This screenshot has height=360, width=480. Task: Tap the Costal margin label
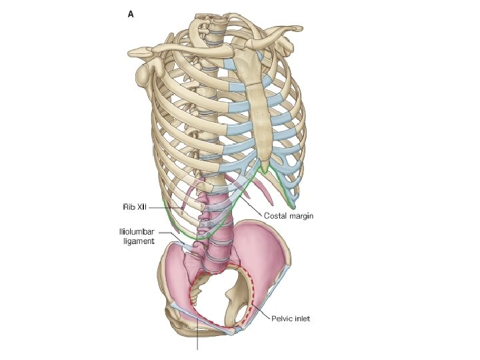(289, 216)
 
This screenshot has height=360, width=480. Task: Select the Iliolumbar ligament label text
(137, 236)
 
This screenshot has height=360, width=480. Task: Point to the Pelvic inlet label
(291, 319)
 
